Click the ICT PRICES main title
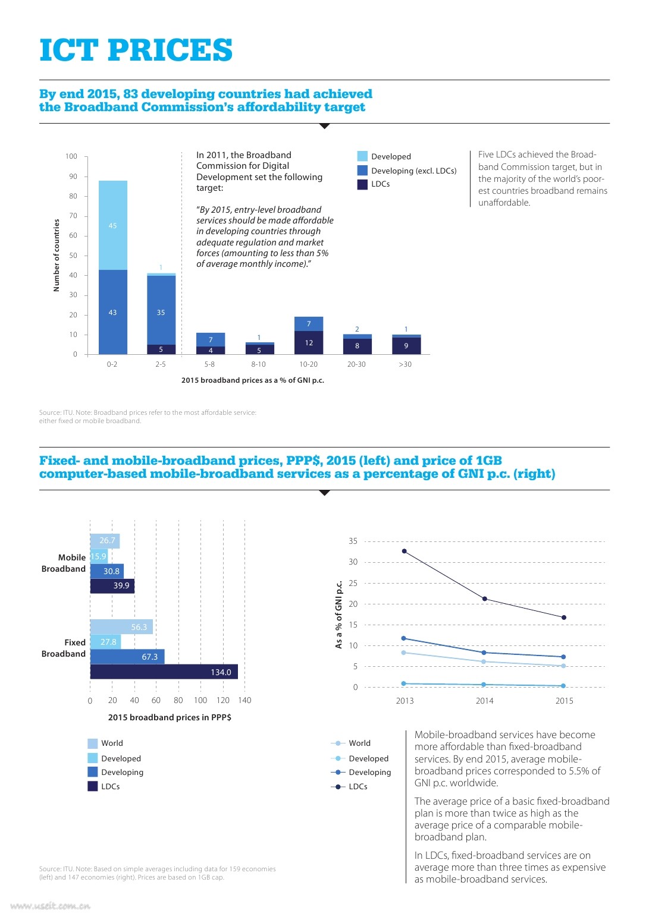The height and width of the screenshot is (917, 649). [136, 50]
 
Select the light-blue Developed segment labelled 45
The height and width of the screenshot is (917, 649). [113, 225]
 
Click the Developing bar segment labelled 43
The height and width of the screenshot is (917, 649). [113, 312]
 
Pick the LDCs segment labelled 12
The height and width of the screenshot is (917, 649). [309, 342]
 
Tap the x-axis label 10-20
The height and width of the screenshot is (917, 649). [308, 364]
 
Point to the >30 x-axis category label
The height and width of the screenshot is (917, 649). [405, 364]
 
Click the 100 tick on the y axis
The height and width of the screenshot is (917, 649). [71, 156]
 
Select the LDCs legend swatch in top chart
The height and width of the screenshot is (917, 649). [362, 184]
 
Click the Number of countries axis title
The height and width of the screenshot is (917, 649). [57, 255]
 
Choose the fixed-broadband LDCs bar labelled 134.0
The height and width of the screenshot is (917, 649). [164, 672]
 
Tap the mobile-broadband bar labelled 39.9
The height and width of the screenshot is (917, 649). [112, 586]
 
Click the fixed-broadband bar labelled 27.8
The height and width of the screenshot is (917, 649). [105, 642]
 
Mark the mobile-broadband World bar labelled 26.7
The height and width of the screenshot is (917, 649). [105, 541]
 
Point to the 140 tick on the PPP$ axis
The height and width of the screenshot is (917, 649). [244, 700]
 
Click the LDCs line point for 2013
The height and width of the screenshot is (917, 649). [405, 551]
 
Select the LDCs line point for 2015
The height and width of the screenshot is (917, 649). [564, 617]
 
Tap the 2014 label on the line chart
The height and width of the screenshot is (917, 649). [484, 701]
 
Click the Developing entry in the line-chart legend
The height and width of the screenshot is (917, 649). [369, 772]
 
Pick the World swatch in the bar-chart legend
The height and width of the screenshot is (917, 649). [93, 743]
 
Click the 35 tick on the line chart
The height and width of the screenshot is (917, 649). [353, 541]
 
